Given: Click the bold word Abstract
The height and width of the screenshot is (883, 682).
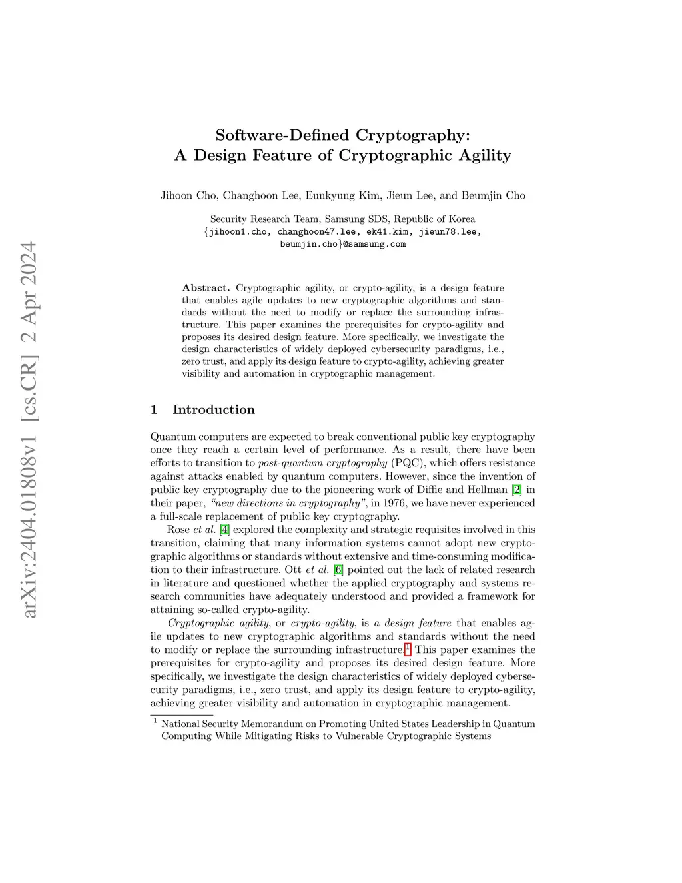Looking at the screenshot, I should [x=206, y=288].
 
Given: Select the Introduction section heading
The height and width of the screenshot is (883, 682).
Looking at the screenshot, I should [x=214, y=410].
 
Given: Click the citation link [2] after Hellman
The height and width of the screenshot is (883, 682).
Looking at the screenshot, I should [x=517, y=490].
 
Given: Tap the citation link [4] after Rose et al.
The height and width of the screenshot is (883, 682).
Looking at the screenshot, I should [x=225, y=530].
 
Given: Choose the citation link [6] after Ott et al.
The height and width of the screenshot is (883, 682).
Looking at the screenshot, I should [x=338, y=570].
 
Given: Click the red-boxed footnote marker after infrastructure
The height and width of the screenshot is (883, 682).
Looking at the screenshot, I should [x=408, y=649].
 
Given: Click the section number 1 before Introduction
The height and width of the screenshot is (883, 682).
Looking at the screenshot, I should [x=154, y=410].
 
